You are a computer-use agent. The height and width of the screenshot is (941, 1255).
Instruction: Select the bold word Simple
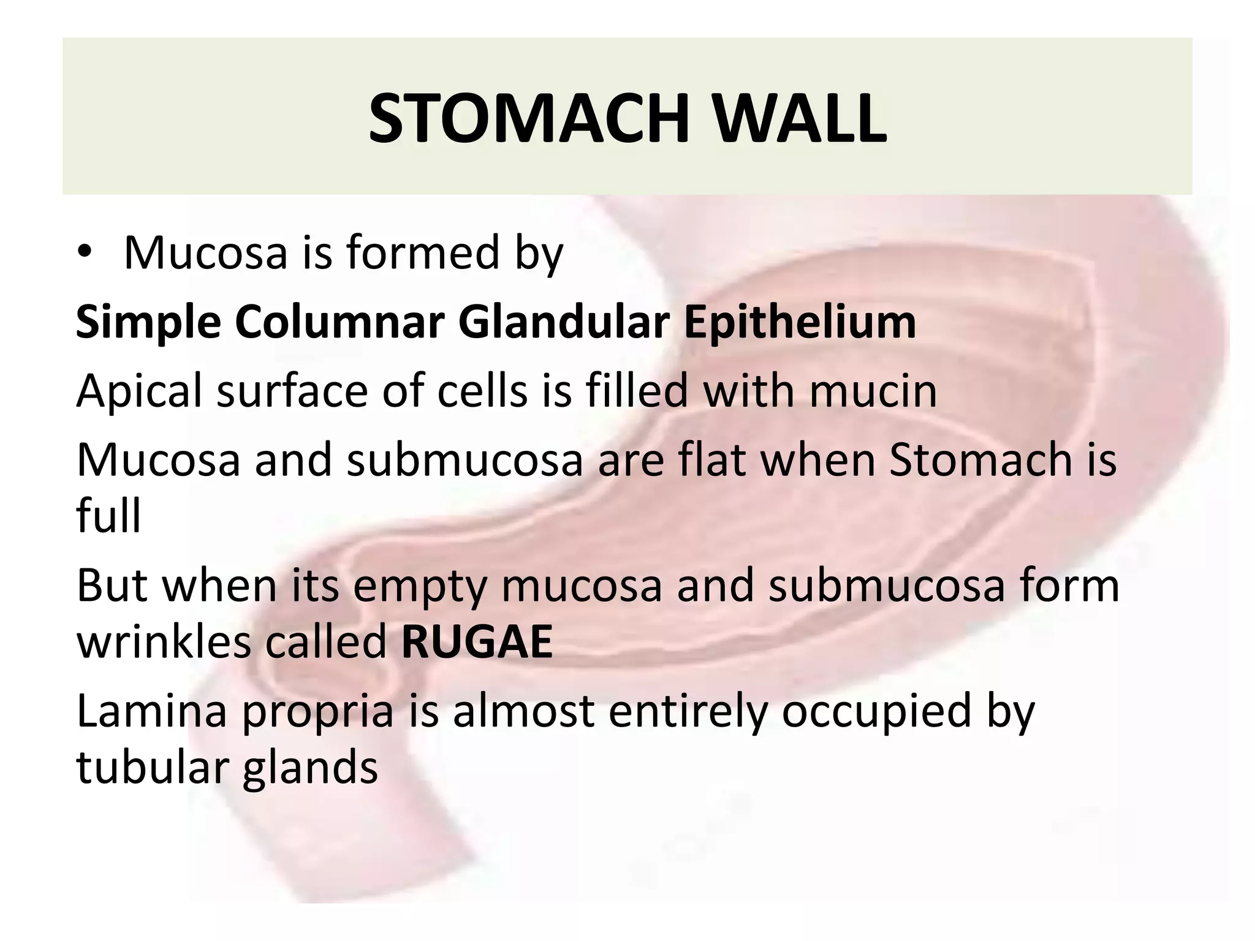tap(148, 323)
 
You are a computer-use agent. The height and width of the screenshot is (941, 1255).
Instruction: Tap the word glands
tap(310, 769)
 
